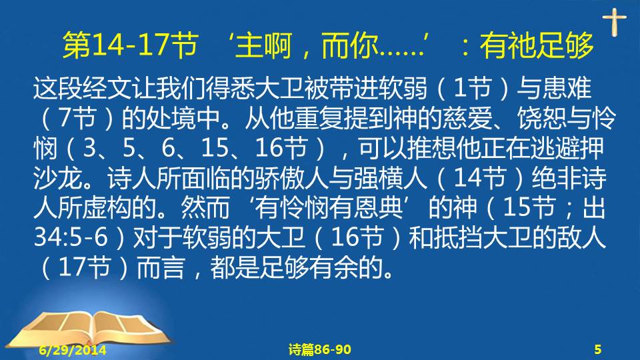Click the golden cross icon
(614, 22)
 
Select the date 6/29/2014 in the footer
(73, 350)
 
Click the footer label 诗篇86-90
(319, 349)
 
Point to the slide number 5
(597, 349)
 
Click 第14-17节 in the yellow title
(131, 45)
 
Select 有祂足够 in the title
(536, 45)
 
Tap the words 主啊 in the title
(264, 45)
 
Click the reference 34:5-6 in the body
(71, 237)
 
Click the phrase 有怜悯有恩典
(329, 208)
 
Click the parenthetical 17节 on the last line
(85, 267)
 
